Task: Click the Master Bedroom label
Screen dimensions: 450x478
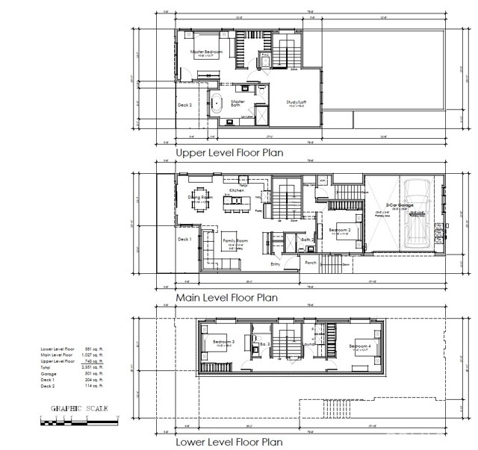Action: pos(207,51)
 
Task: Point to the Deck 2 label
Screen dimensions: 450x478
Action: pos(184,105)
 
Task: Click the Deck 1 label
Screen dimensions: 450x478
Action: pos(184,239)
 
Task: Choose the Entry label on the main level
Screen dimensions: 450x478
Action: pos(276,263)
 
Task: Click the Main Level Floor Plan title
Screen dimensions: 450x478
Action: pos(226,298)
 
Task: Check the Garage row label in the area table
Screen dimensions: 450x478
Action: pos(49,373)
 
